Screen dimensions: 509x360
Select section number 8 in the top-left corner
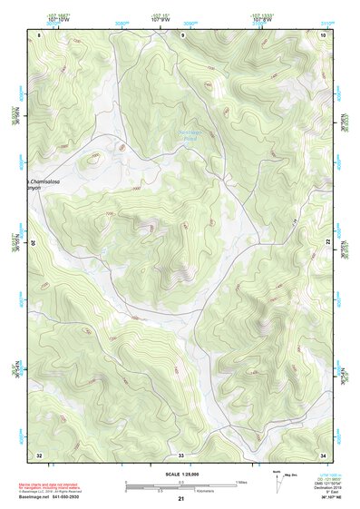39,34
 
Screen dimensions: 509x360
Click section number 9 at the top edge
183,34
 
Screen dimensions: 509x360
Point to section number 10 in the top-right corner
324,34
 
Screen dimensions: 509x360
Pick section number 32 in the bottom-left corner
39,454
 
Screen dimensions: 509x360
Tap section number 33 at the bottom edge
180,454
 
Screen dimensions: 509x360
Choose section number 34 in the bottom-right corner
324,454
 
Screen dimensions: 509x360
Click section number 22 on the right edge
327,241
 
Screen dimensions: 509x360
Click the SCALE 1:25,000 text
182,474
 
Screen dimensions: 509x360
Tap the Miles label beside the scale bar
243,481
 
